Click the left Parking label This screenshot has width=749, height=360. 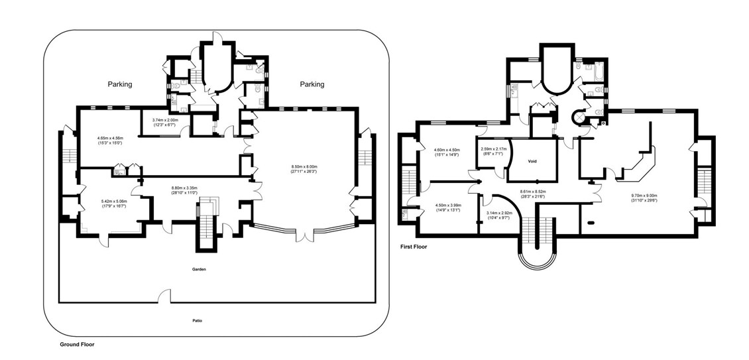pos(120,84)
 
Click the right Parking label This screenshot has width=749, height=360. pos(312,84)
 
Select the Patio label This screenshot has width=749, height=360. pos(198,321)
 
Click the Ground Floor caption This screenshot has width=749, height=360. pos(78,345)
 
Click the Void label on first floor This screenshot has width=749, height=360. pos(532,161)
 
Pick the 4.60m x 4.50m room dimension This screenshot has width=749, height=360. pos(447,152)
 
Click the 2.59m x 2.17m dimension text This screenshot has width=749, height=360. pos(493,151)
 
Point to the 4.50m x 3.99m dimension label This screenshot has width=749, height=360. pos(447,208)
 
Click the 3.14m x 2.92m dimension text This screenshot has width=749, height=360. pos(497,215)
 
